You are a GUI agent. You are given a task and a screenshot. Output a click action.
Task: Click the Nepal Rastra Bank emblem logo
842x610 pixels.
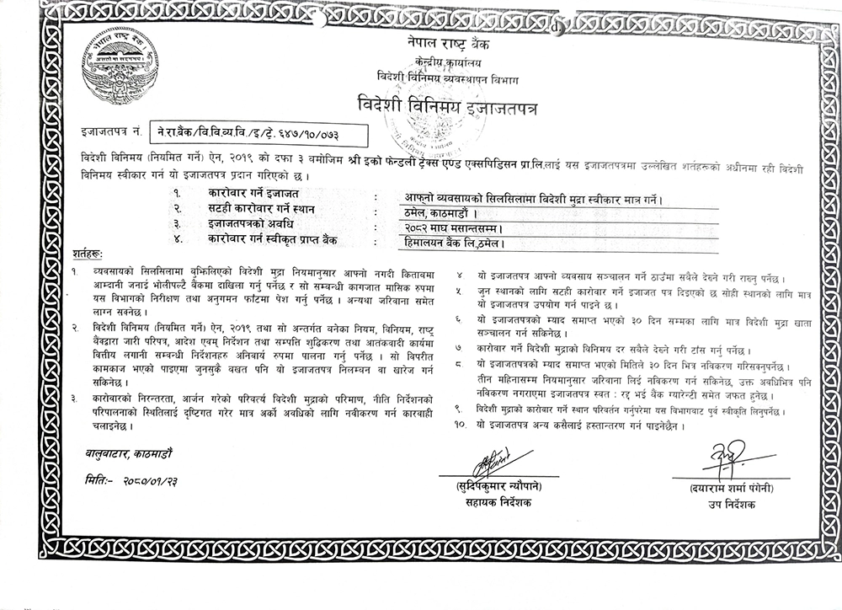[x=119, y=67]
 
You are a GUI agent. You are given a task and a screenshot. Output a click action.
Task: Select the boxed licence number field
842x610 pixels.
[x=261, y=133]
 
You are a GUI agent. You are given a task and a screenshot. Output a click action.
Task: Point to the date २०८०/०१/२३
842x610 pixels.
[x=157, y=479]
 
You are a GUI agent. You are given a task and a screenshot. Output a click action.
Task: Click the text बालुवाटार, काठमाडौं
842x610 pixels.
[x=129, y=456]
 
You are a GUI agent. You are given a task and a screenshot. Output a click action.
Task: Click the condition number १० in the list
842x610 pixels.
[x=459, y=425]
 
